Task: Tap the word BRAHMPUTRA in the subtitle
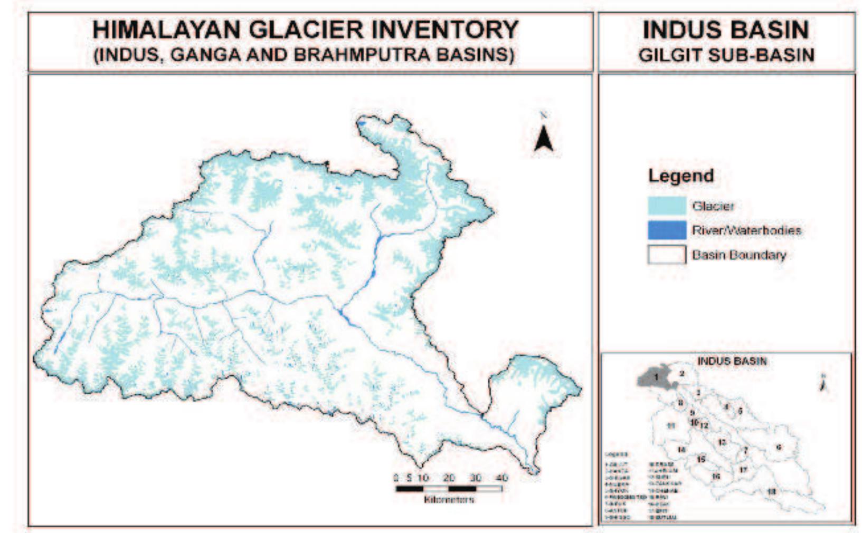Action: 386,55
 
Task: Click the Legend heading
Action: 680,176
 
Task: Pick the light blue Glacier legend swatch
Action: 667,206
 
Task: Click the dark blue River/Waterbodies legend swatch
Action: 667,230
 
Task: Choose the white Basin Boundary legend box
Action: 667,255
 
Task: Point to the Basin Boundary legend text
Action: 739,255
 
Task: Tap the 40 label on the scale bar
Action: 501,478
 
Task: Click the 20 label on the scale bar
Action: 449,478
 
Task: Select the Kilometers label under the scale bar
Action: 449,499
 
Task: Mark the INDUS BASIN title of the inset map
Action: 732,361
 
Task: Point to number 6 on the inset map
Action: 779,448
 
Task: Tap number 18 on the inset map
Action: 772,491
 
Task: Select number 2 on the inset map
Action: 681,374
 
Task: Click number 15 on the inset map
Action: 701,459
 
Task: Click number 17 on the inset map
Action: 743,470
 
